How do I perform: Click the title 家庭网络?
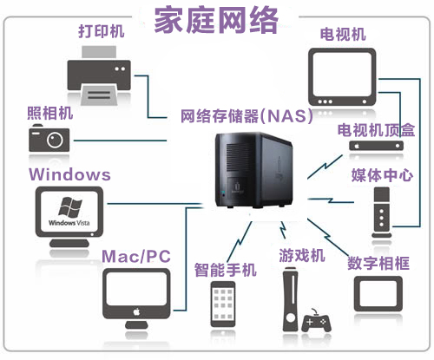(x=217, y=20)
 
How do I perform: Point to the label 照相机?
(x=49, y=113)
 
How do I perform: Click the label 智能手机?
(x=225, y=270)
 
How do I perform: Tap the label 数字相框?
(x=378, y=262)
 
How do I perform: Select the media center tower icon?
(x=378, y=214)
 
